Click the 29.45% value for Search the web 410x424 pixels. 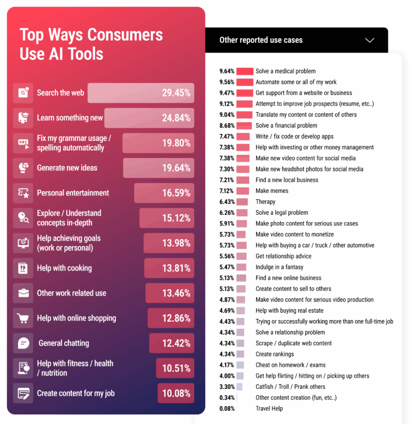tap(176, 93)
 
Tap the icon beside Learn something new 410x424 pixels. tap(23, 118)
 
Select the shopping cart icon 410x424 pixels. tap(23, 318)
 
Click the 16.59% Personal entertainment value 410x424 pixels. tap(176, 193)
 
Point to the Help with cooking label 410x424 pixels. tap(64, 268)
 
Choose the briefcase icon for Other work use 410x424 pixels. tap(23, 293)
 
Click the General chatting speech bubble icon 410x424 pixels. tap(23, 343)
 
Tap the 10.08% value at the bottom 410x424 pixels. tap(176, 393)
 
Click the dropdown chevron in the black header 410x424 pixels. tap(369, 40)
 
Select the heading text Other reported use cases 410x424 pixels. tap(261, 40)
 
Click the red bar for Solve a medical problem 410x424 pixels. tap(245, 71)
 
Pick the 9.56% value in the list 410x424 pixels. tap(227, 82)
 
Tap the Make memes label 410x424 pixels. tap(272, 191)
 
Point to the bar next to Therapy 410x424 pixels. tap(242, 202)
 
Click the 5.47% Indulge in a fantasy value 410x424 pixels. tap(227, 267)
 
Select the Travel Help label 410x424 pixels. tap(269, 408)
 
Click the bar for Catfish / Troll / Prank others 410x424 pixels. tap(239, 387)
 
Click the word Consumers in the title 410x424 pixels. tap(125, 35)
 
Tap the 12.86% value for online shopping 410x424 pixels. tap(176, 318)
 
